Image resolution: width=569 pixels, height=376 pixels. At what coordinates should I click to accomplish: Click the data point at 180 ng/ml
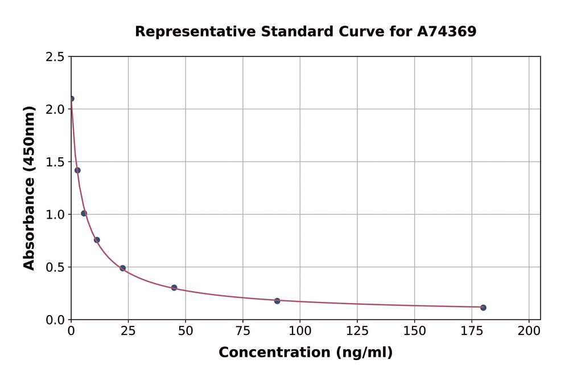483,308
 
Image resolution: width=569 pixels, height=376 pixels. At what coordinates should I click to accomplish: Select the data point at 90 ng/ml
277,301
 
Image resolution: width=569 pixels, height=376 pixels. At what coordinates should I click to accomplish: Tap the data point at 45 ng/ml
174,288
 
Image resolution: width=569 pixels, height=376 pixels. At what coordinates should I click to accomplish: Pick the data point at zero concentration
71,99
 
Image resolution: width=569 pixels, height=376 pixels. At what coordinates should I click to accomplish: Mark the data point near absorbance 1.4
77,170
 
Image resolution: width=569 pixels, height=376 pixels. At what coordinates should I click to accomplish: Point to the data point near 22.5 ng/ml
122,268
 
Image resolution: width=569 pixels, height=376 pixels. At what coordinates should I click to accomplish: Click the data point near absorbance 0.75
97,240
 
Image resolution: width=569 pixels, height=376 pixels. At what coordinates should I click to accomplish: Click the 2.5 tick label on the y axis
56,57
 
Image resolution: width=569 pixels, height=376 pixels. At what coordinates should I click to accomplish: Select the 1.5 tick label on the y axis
56,162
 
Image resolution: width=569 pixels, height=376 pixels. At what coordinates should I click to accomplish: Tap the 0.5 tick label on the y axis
56,267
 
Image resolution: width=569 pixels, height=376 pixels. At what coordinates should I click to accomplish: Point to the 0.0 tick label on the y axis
56,320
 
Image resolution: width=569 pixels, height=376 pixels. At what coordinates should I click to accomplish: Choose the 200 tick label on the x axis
529,331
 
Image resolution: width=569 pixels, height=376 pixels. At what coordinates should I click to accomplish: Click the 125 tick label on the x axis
357,331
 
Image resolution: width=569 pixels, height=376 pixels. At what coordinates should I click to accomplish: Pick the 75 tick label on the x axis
243,331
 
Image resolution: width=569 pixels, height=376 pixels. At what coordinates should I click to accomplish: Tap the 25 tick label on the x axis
128,331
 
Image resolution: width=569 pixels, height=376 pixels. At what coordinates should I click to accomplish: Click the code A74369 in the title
447,32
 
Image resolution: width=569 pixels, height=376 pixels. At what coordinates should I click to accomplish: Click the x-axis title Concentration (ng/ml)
306,353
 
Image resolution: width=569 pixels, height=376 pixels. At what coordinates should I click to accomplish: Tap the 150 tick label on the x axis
414,331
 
